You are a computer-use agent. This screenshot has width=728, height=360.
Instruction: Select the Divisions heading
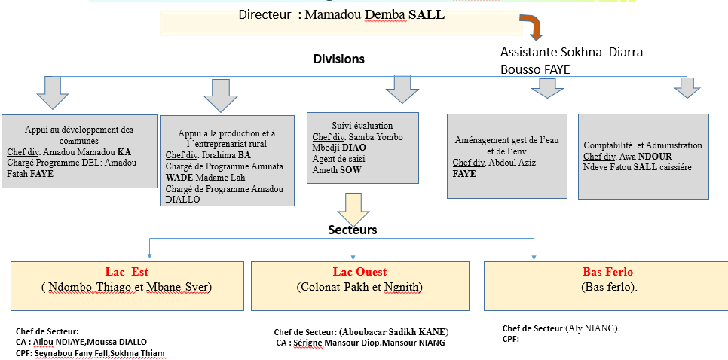pos(338,59)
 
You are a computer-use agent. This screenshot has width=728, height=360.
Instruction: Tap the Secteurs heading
pos(353,230)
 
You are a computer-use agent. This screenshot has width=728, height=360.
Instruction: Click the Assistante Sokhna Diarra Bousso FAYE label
pos(572,61)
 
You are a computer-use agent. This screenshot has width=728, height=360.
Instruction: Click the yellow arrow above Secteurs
pos(353,206)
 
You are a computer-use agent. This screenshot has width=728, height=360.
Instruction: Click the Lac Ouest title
pos(359,271)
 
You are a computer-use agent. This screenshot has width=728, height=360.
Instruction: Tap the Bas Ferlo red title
pos(608,271)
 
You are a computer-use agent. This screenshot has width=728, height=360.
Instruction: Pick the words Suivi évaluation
pos(362,126)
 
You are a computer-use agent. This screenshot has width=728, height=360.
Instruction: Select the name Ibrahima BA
pos(222,155)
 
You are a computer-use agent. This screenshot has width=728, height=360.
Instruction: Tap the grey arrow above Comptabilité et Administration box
pos(687,88)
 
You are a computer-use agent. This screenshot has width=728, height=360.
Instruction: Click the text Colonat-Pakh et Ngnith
pos(360,287)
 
